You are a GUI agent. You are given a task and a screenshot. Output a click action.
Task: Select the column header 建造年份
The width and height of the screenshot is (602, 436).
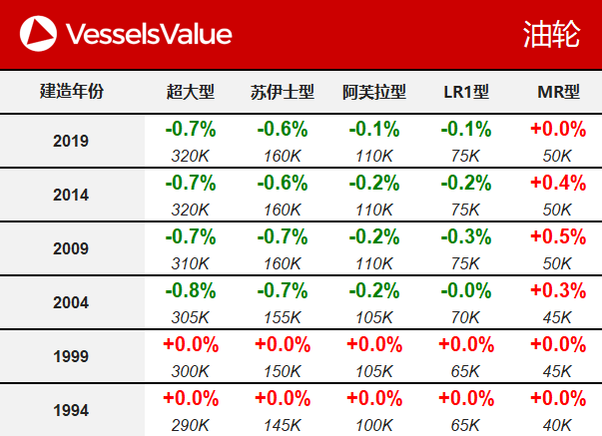[x=71, y=92]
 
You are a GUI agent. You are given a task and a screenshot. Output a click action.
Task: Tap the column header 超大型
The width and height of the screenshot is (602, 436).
[x=191, y=92]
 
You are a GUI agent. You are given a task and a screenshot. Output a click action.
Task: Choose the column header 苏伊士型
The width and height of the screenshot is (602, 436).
[x=283, y=92]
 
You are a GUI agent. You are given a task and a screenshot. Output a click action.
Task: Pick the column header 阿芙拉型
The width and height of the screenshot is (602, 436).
[x=374, y=92]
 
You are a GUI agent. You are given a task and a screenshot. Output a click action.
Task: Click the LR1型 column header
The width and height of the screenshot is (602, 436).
[x=466, y=92]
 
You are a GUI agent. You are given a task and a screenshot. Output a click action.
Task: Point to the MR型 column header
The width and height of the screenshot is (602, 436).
[x=558, y=92]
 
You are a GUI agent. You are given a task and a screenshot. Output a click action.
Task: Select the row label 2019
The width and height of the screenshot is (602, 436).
[x=71, y=141]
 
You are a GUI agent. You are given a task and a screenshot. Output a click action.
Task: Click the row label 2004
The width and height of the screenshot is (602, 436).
[x=71, y=302]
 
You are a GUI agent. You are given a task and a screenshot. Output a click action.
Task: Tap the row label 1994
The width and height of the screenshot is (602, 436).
[x=71, y=410]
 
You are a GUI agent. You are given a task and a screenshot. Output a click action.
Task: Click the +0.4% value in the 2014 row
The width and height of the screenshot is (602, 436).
[x=558, y=184]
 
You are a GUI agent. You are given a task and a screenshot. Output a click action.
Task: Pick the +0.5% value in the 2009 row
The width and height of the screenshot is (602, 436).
[x=558, y=237]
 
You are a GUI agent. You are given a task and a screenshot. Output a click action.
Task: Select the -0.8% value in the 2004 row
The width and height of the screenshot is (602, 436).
[x=191, y=291]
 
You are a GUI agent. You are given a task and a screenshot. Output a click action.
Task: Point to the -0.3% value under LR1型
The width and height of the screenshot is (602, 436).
[x=466, y=237]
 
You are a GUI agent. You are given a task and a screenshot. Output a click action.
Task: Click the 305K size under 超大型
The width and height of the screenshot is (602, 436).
[x=191, y=317]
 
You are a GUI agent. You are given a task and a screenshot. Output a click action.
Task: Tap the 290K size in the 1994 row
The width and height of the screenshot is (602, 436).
[x=191, y=425]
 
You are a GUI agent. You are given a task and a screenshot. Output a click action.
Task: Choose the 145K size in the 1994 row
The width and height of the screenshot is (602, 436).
[x=283, y=425]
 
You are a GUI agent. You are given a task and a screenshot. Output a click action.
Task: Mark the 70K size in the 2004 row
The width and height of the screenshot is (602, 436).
[x=466, y=317]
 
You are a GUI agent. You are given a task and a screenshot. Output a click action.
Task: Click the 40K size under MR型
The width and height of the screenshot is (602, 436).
[x=558, y=425]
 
